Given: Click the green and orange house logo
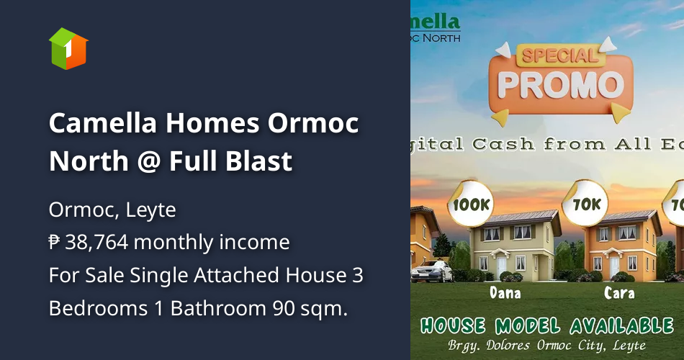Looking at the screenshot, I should (68, 48).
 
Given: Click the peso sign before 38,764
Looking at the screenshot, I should (55, 243).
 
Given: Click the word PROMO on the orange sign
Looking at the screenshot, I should (560, 84).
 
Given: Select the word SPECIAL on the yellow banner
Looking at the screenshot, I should (560, 55).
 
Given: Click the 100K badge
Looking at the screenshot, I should (472, 204).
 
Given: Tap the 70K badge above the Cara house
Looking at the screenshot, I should (586, 204).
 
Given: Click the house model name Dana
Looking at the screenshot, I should (505, 293).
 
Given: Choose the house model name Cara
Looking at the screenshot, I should (619, 293).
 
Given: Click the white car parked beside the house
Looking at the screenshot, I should (432, 271).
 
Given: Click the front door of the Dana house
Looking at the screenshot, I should (502, 266).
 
